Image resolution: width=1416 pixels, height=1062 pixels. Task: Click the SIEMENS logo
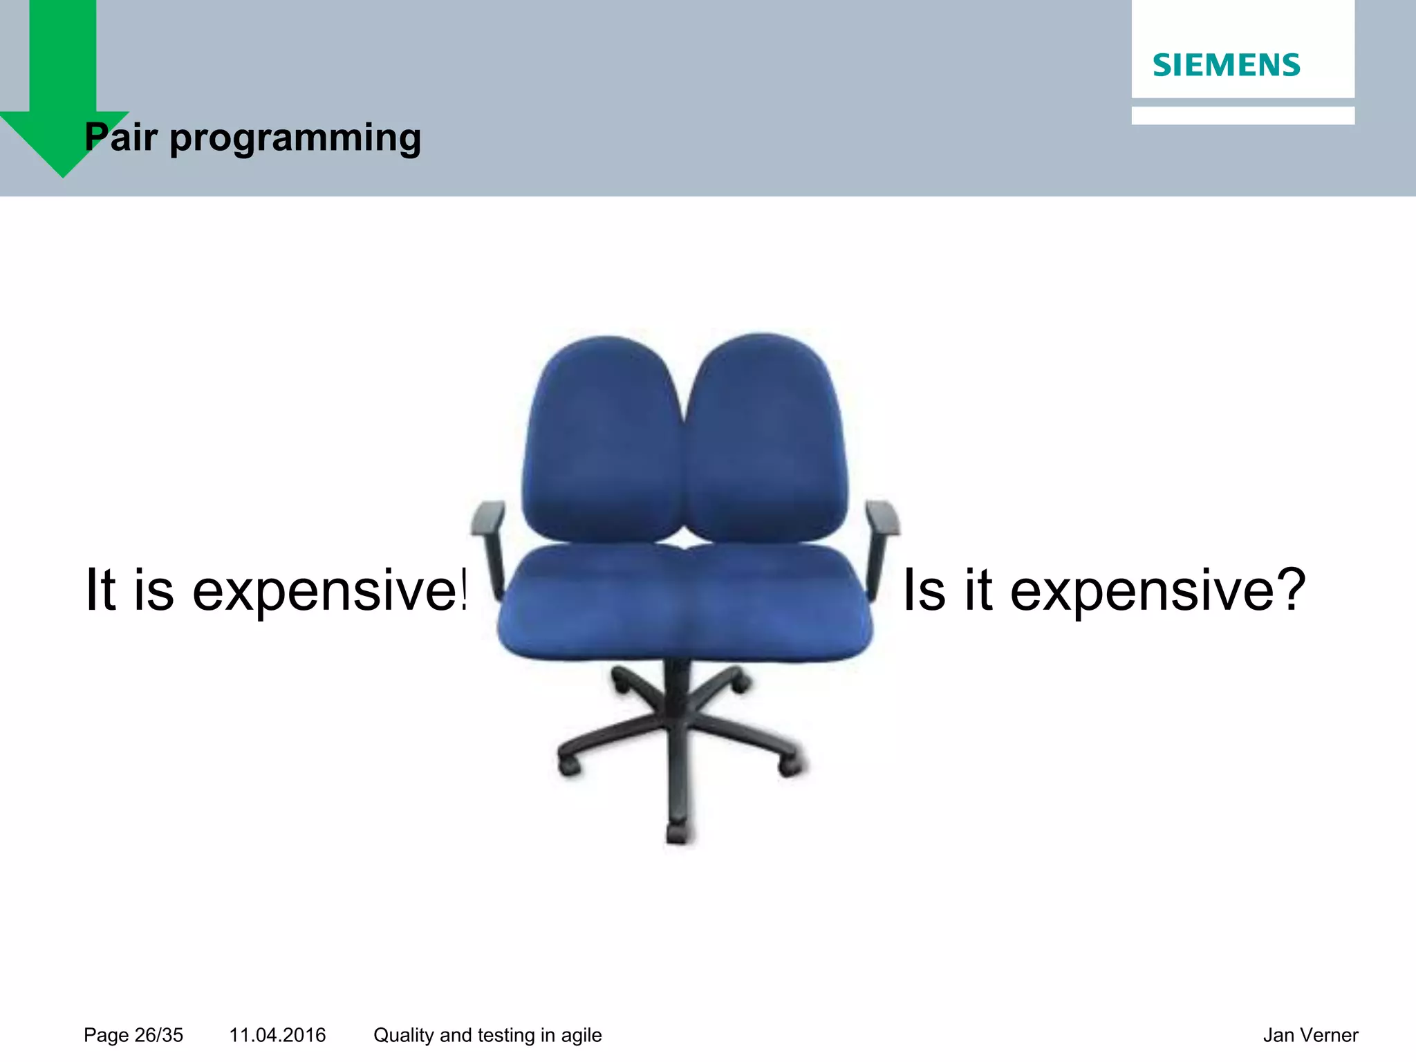tap(1226, 65)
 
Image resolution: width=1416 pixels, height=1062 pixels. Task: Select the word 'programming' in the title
tap(295, 138)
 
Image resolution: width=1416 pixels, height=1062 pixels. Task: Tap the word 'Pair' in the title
tap(121, 137)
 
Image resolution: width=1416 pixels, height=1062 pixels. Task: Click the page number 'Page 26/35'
tap(133, 1035)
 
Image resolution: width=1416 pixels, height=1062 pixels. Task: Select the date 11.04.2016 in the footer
tap(277, 1035)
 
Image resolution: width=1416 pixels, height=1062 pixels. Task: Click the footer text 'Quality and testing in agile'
tap(487, 1035)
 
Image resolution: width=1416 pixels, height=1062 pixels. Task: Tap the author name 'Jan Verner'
tap(1310, 1035)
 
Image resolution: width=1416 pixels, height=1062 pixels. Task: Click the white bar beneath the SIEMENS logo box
tap(1242, 115)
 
